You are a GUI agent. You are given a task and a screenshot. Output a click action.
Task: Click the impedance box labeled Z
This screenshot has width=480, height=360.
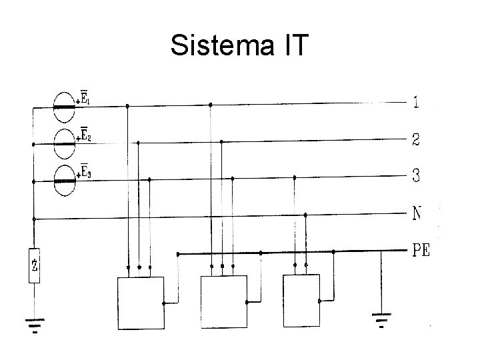[34, 265]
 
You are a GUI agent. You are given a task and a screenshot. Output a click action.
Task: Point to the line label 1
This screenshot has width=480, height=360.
[417, 103]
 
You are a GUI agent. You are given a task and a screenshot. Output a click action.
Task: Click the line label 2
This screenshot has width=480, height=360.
[417, 141]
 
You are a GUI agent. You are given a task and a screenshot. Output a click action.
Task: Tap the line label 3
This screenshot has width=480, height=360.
[417, 177]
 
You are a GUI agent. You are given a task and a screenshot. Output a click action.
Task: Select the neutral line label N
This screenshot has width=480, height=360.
[417, 215]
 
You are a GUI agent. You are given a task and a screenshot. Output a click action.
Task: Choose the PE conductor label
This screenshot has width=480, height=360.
[421, 251]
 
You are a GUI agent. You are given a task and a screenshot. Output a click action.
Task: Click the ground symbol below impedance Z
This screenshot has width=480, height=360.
[34, 325]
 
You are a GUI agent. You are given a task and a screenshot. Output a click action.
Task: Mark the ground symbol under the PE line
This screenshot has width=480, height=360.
[381, 321]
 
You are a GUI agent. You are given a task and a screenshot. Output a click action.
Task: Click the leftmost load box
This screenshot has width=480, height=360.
[141, 303]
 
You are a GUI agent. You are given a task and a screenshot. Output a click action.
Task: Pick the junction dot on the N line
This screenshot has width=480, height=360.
[305, 215]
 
